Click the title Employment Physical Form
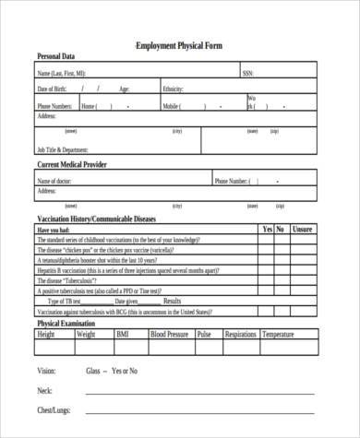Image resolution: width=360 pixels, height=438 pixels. (179, 45)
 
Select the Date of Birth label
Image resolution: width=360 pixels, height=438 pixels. (52, 89)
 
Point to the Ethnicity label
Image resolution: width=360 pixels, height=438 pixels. (173, 89)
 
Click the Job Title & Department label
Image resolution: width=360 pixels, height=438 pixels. (62, 149)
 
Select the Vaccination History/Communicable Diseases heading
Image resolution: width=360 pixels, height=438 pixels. (96, 219)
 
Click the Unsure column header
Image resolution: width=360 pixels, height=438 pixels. (301, 229)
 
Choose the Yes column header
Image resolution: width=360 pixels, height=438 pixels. (267, 229)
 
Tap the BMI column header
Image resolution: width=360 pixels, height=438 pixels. (123, 335)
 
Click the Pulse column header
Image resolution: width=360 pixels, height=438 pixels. (204, 335)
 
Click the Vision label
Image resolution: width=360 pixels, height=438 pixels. (46, 371)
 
